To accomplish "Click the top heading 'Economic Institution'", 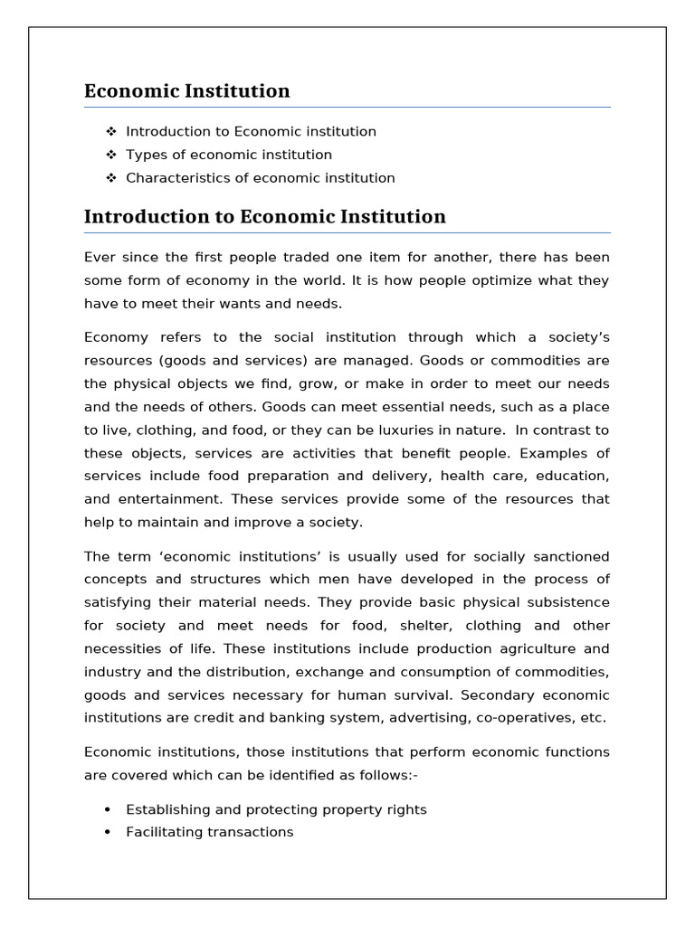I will (187, 90).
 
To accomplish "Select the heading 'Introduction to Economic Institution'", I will (264, 216).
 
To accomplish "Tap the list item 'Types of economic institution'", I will (229, 155).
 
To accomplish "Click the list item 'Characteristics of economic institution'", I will (260, 178).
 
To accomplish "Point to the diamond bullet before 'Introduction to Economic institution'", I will (111, 131).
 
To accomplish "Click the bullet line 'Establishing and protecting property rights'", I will (276, 809).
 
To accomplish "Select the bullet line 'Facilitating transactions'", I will (209, 832).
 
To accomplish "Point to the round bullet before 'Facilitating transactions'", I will (108, 832).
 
